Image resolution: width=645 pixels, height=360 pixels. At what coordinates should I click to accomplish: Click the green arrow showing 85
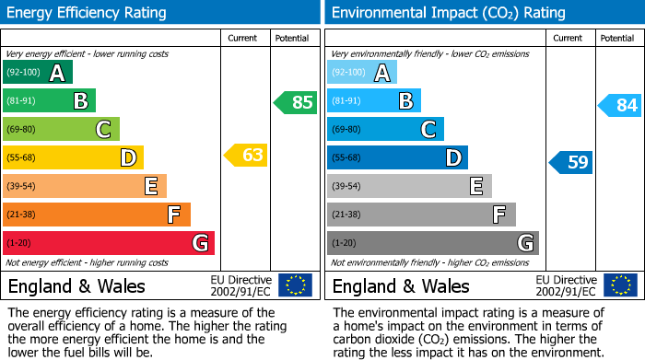click(x=295, y=102)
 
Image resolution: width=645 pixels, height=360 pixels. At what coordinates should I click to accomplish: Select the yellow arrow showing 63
click(x=246, y=155)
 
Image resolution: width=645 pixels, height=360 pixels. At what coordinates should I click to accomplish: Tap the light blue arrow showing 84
click(x=619, y=105)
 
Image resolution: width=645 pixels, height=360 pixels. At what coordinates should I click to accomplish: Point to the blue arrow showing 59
click(x=571, y=163)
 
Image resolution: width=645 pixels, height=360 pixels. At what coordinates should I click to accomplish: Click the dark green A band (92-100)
click(x=38, y=73)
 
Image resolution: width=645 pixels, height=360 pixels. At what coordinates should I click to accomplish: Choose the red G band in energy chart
click(x=109, y=243)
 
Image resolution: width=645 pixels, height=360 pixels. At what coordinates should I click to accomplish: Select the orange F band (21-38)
click(x=97, y=215)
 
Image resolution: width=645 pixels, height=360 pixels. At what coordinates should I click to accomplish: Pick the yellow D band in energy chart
click(x=73, y=157)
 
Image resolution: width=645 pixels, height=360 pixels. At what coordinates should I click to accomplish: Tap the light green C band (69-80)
click(x=61, y=129)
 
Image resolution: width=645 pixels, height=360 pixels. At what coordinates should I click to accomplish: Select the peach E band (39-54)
click(x=85, y=186)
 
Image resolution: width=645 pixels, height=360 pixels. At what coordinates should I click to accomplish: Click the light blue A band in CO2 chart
click(x=362, y=73)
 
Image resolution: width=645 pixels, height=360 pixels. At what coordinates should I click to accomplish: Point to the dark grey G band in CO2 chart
click(x=433, y=243)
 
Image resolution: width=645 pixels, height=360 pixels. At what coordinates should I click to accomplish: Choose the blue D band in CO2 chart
click(x=397, y=157)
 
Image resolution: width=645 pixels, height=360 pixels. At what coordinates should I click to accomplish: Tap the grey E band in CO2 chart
click(x=409, y=186)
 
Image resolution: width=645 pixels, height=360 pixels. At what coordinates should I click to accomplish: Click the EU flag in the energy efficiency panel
click(x=295, y=285)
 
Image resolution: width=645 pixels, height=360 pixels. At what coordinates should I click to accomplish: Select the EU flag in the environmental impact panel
click(x=619, y=285)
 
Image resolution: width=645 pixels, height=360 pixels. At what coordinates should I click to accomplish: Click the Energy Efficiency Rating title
click(x=88, y=13)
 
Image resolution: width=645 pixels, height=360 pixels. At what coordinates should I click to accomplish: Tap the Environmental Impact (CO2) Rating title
click(x=448, y=13)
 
